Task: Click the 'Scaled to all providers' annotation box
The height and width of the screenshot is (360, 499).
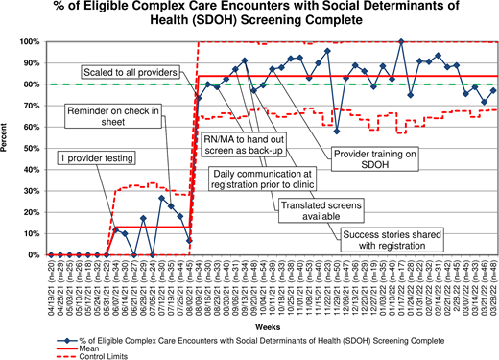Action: pos(127,72)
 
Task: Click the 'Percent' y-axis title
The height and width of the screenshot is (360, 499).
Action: pos(9,149)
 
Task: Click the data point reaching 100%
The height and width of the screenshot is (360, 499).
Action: pos(401,42)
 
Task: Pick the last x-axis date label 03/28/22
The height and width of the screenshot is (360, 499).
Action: pos(493,278)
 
